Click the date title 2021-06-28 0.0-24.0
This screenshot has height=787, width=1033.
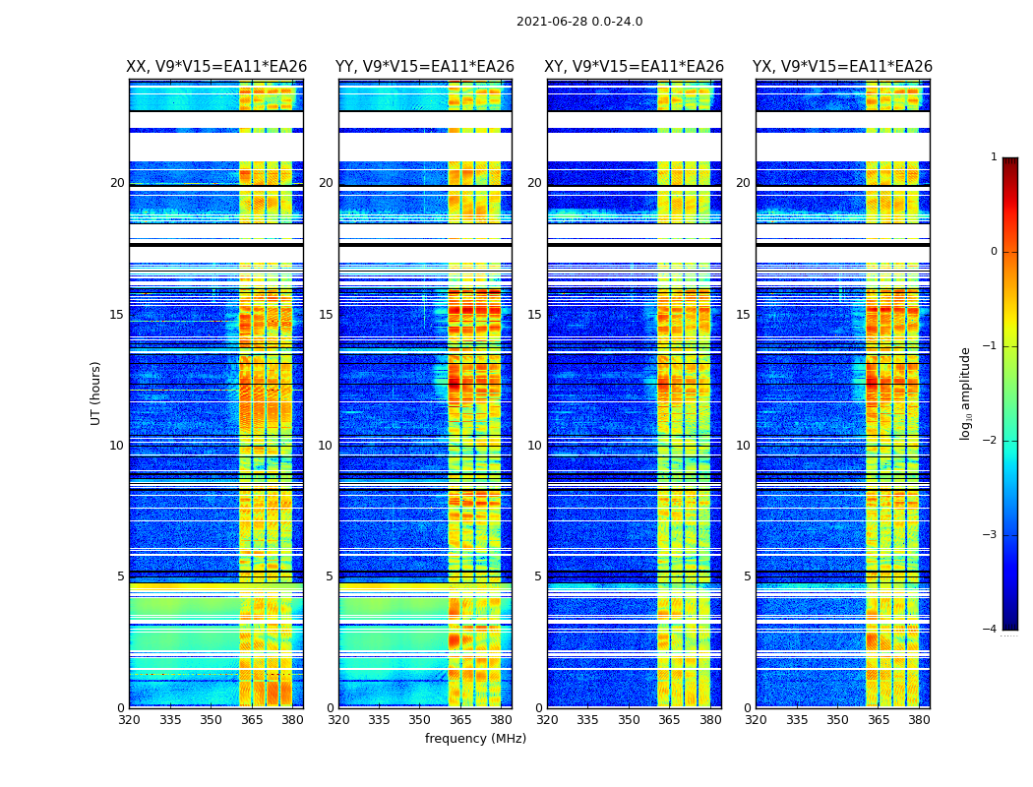click(579, 22)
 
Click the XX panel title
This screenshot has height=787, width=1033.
click(216, 67)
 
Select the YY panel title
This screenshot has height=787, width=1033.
click(425, 67)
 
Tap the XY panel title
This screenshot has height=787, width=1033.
click(635, 67)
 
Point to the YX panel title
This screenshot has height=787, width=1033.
click(842, 67)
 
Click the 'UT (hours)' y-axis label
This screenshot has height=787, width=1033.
click(95, 393)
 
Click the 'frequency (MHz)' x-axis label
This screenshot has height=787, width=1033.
click(475, 739)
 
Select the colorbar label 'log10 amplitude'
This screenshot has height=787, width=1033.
click(966, 393)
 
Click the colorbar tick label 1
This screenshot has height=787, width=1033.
click(994, 157)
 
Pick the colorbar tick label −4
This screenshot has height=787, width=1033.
click(991, 630)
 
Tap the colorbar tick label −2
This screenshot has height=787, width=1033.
click(991, 441)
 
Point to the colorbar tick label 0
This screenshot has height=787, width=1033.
click(994, 252)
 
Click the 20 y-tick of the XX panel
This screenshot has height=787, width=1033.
click(117, 183)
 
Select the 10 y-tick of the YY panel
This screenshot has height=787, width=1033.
click(326, 446)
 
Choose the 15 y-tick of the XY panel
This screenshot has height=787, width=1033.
click(534, 315)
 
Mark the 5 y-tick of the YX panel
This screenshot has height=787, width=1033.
click(747, 576)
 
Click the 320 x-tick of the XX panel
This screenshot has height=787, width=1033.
click(129, 720)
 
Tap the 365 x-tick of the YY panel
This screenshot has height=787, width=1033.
click(460, 720)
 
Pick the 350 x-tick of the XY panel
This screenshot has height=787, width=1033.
click(629, 720)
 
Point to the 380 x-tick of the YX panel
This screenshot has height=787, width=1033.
click(919, 720)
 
